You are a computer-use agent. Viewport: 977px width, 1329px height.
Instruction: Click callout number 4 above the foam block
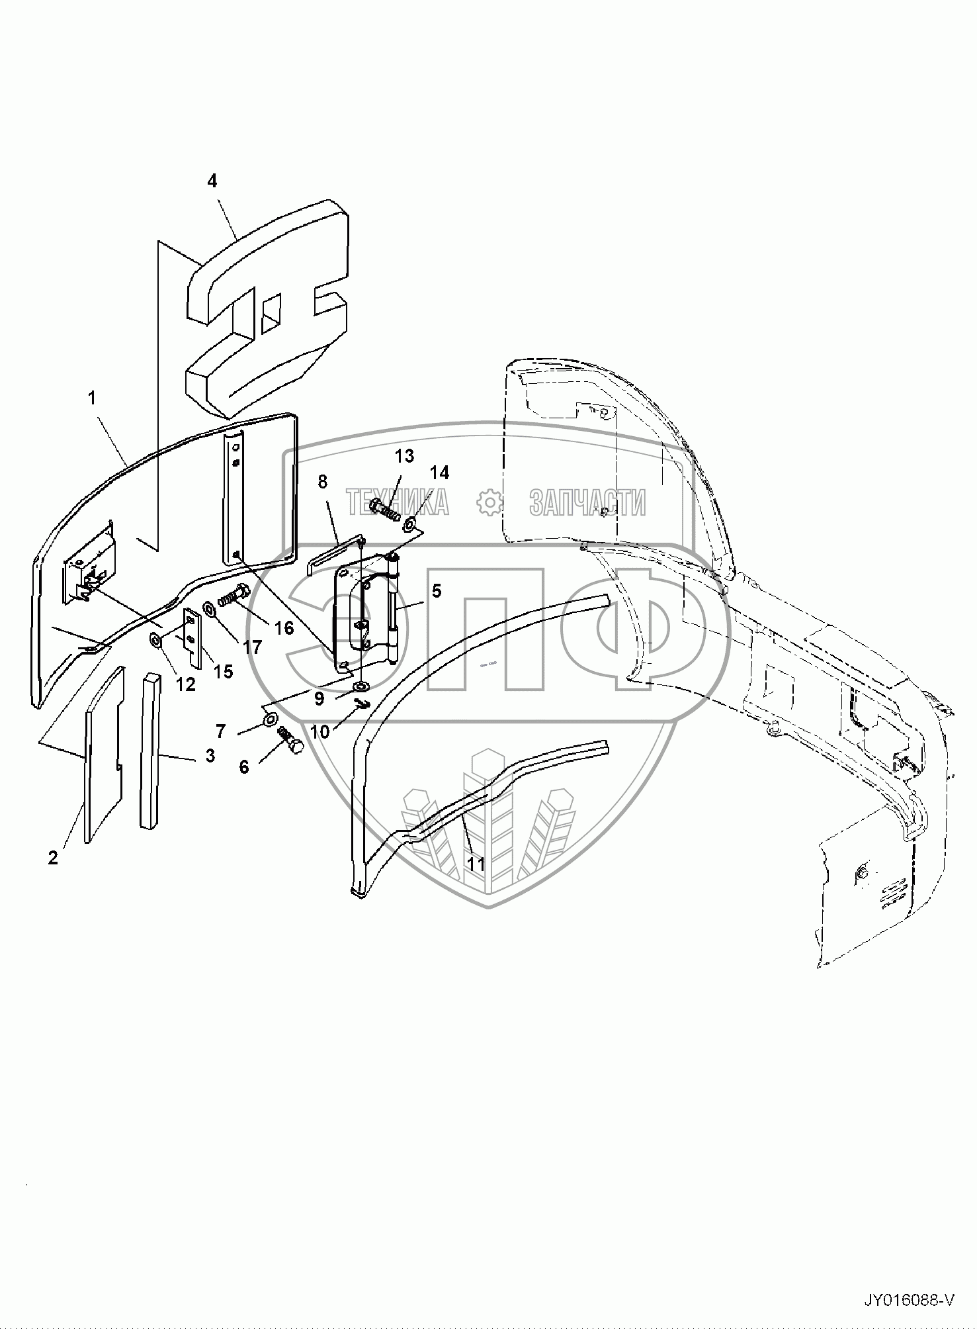click(x=212, y=181)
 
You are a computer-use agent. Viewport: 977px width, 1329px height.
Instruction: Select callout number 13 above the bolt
click(x=405, y=455)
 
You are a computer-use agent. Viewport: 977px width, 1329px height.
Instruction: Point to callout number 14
click(x=440, y=472)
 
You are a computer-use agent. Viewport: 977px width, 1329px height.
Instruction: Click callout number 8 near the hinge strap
click(x=322, y=481)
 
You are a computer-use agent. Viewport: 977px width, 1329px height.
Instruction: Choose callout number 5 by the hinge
click(x=437, y=590)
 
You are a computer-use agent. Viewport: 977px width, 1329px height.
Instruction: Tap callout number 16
click(x=284, y=627)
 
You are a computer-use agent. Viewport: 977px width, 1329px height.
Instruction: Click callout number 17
click(x=252, y=647)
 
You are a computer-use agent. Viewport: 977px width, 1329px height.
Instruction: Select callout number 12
click(x=187, y=684)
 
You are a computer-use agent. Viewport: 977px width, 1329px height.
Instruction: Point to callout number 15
click(x=224, y=671)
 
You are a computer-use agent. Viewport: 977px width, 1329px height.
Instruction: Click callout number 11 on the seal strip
click(x=476, y=864)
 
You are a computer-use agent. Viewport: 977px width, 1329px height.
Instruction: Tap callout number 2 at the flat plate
click(x=53, y=857)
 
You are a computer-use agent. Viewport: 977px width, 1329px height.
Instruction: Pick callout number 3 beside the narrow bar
click(x=210, y=755)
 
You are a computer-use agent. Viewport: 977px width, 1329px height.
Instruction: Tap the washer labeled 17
click(x=209, y=608)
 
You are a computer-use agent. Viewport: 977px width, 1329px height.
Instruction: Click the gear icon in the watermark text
click(x=489, y=502)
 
